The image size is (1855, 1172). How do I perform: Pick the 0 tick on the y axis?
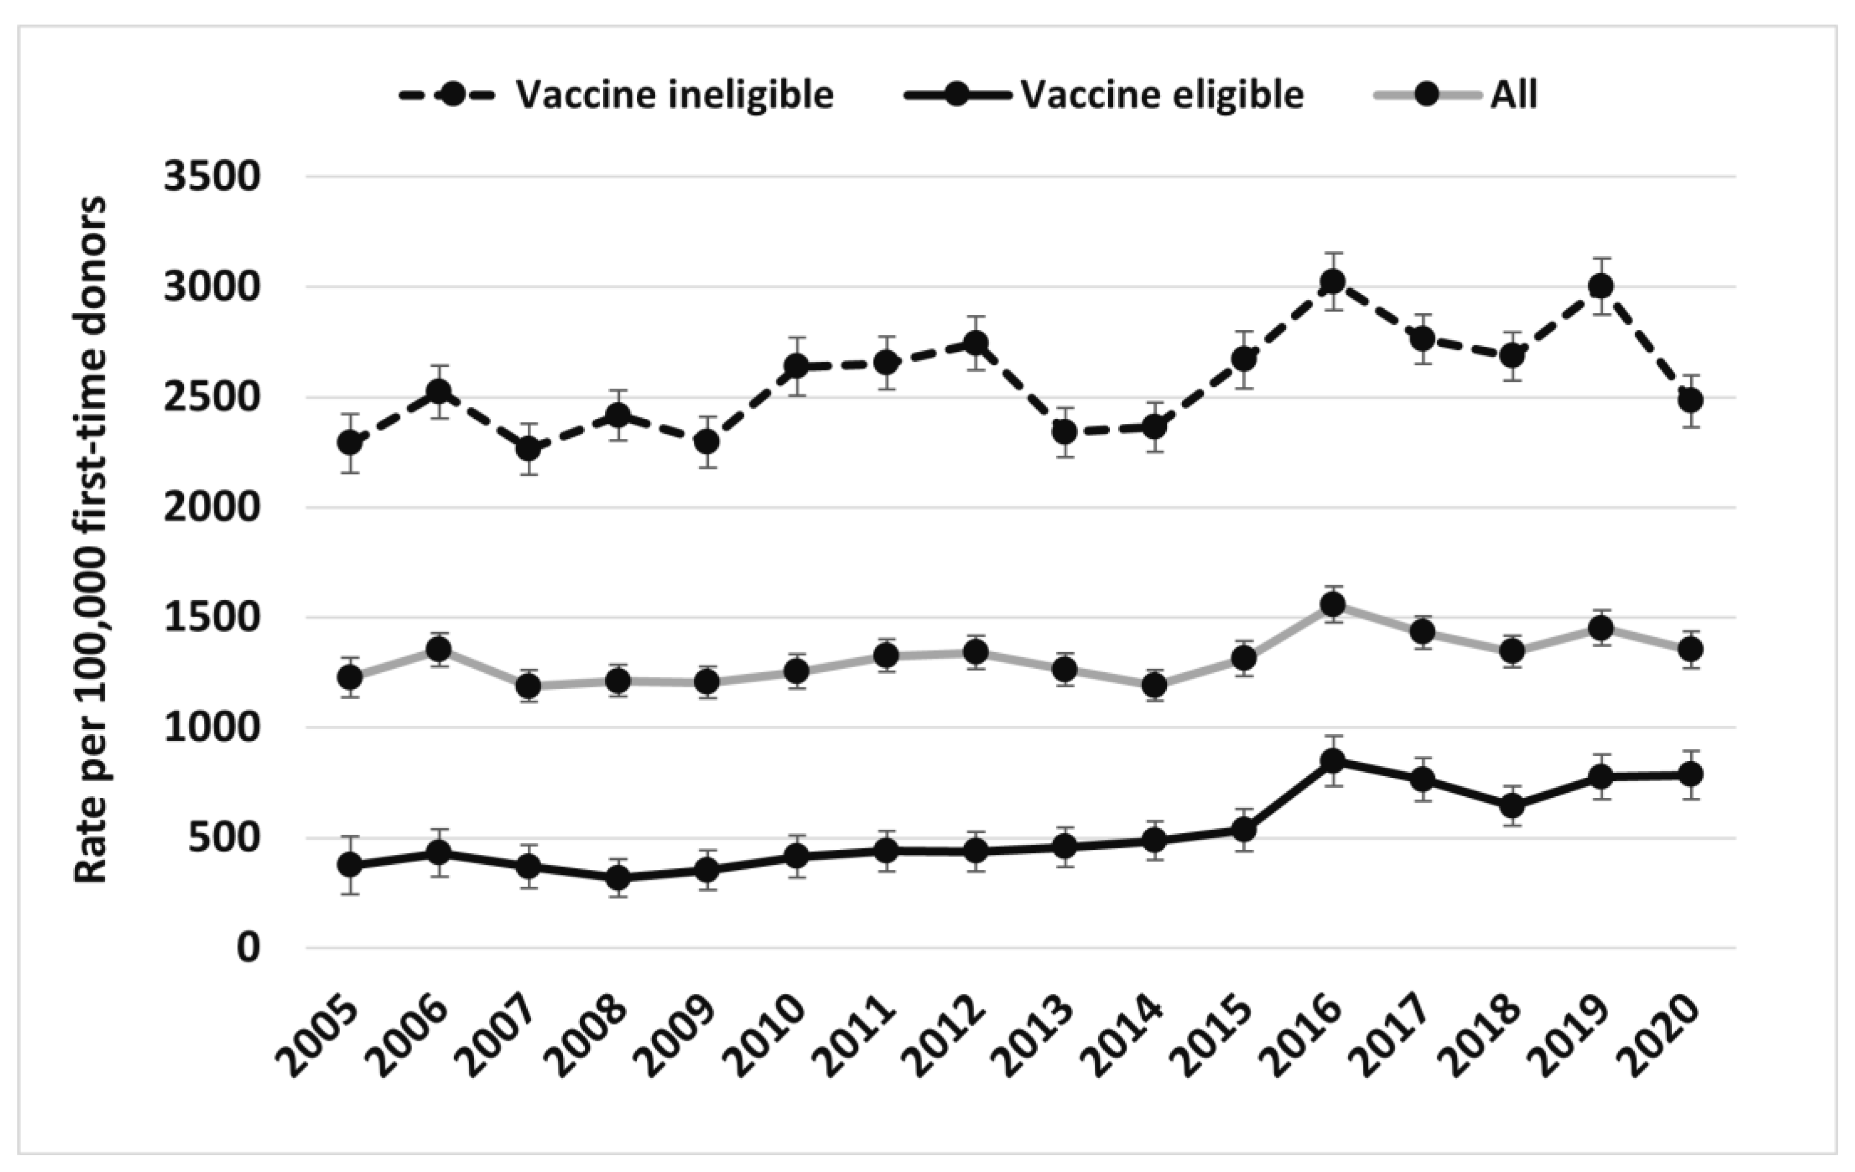tap(248, 948)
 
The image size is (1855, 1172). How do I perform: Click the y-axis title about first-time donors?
tap(91, 539)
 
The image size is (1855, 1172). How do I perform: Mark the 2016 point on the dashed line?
tap(1333, 282)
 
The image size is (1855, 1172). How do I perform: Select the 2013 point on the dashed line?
tap(1065, 432)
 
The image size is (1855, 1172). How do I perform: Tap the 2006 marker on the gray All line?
tap(439, 650)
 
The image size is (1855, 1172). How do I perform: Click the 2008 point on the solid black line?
tap(618, 877)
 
